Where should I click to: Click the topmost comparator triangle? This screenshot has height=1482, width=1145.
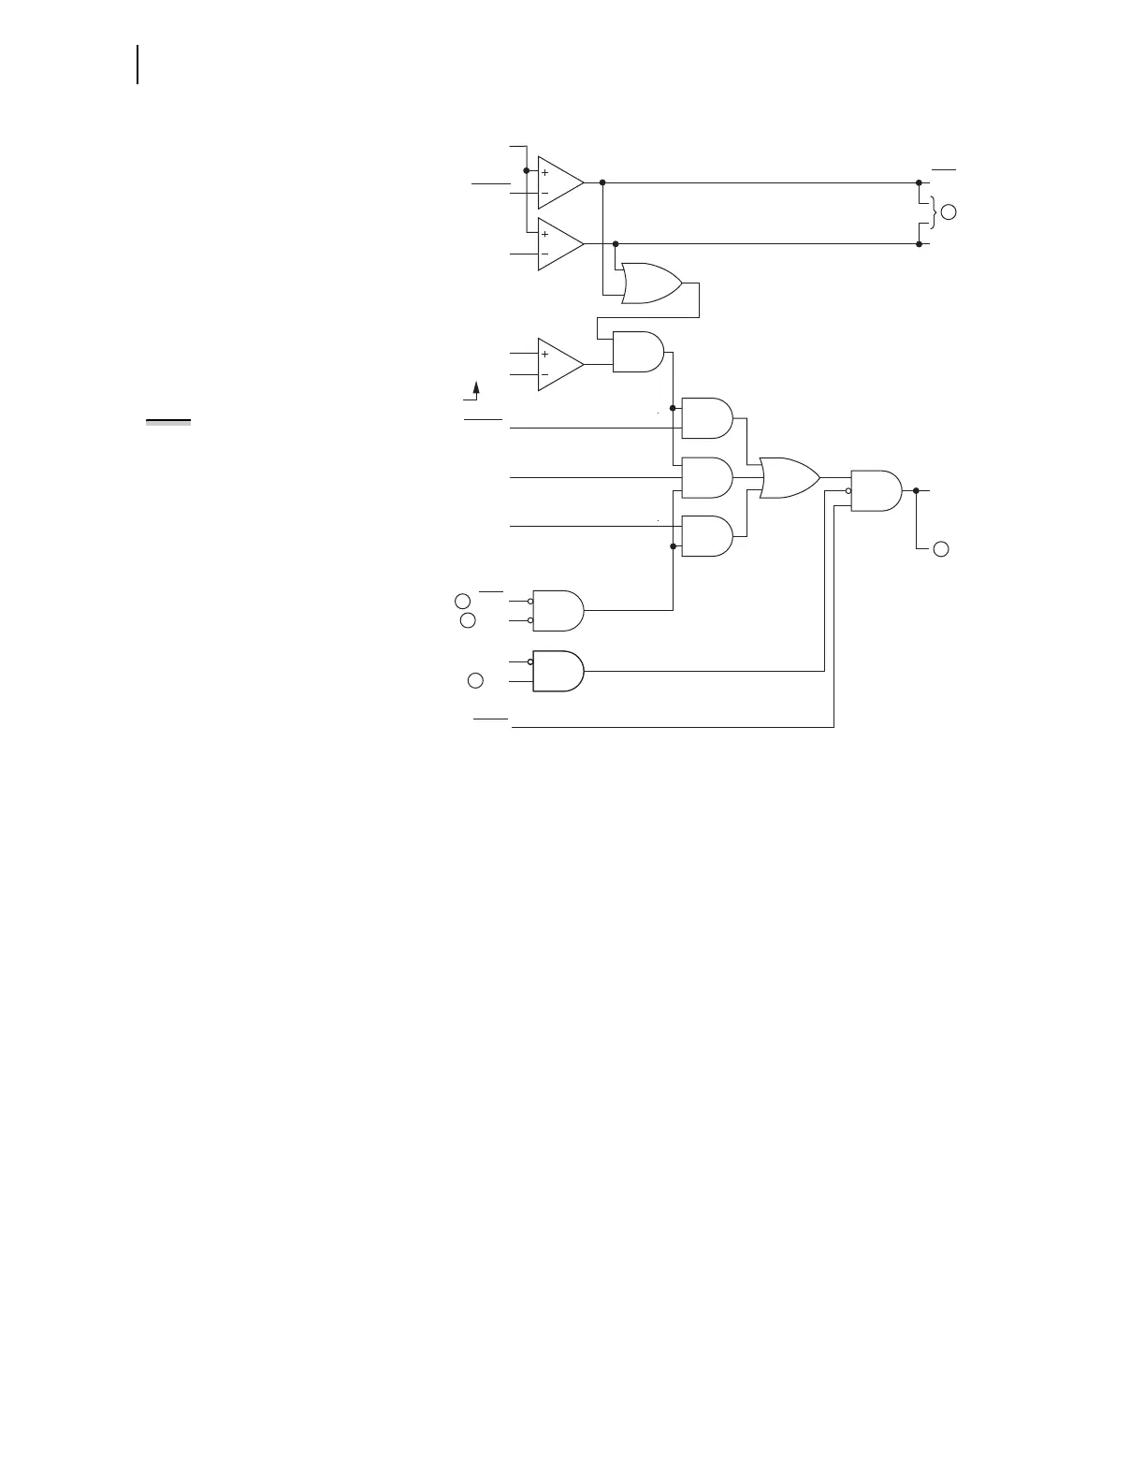(x=558, y=183)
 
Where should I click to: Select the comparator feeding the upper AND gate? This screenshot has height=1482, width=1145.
(x=558, y=365)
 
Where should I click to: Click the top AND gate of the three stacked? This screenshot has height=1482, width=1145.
(x=707, y=418)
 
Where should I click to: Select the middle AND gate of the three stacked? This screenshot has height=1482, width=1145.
(x=707, y=478)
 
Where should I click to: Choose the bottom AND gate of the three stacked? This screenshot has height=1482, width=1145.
(x=707, y=536)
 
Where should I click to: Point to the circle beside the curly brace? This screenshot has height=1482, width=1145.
(x=949, y=212)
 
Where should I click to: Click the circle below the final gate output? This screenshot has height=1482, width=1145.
(x=941, y=548)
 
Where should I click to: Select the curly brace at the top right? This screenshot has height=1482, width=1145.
(x=929, y=213)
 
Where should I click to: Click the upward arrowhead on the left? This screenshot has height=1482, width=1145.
(x=476, y=387)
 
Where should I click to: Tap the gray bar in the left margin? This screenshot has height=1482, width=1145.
(x=168, y=423)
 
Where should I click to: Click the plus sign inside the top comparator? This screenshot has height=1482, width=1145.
(x=544, y=173)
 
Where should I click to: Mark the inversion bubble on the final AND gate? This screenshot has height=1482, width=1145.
(x=848, y=490)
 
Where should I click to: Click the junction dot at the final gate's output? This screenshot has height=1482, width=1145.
(x=916, y=490)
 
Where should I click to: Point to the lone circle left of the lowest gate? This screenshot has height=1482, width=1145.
(x=475, y=680)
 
